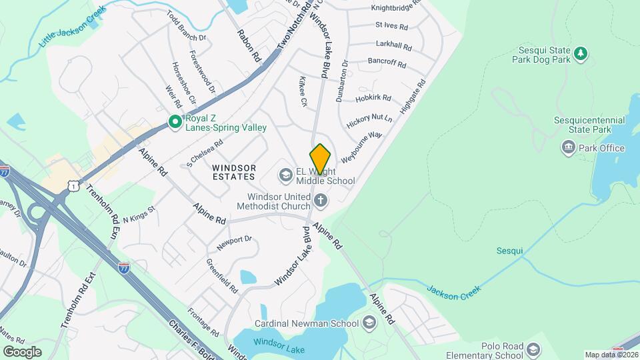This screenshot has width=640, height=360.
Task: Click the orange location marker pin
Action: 320,159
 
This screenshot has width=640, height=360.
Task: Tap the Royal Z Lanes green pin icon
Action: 175,121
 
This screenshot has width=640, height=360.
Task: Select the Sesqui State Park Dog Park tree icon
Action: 581,53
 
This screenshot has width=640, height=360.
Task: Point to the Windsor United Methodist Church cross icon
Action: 321,200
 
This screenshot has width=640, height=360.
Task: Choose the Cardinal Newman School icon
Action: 370,323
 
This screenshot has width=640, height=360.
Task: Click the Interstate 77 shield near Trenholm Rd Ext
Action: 124,268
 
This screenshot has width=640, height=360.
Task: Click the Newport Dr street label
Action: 233,241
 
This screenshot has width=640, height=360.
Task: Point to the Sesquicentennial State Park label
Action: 589,125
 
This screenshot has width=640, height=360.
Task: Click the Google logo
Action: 22,351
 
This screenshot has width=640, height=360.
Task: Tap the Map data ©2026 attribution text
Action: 611,355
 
